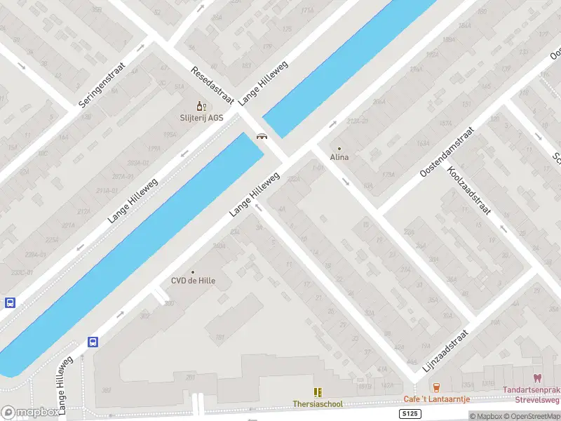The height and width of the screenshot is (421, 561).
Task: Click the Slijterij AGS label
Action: point(201,118)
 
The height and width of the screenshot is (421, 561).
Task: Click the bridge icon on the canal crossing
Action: point(262,137)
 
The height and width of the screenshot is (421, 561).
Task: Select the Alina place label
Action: point(339,157)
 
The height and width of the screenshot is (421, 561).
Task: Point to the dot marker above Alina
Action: point(339,148)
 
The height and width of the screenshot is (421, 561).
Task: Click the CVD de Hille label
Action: point(193,281)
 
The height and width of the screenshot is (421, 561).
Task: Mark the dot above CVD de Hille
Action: point(193,272)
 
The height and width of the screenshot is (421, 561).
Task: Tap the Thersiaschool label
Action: point(318,404)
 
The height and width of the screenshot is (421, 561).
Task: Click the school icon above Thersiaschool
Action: point(318,392)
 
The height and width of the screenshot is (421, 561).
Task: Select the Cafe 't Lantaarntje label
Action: point(435,399)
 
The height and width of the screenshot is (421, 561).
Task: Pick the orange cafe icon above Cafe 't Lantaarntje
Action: point(436,387)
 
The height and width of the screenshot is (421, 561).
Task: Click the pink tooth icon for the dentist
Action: point(538,378)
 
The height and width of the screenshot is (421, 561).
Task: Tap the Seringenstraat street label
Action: point(102,82)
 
